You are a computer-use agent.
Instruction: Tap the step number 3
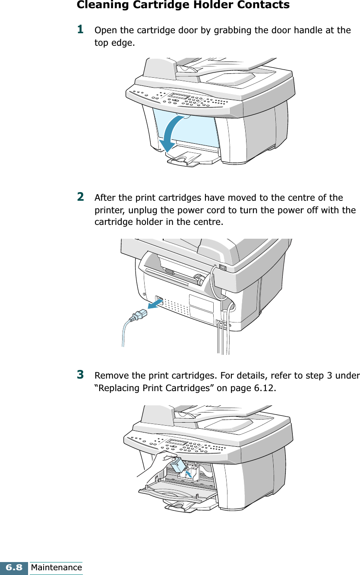[x=80, y=373]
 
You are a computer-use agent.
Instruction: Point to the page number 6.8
[x=14, y=568]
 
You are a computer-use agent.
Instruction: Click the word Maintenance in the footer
[x=56, y=568]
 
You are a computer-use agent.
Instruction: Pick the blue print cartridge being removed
[x=178, y=465]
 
